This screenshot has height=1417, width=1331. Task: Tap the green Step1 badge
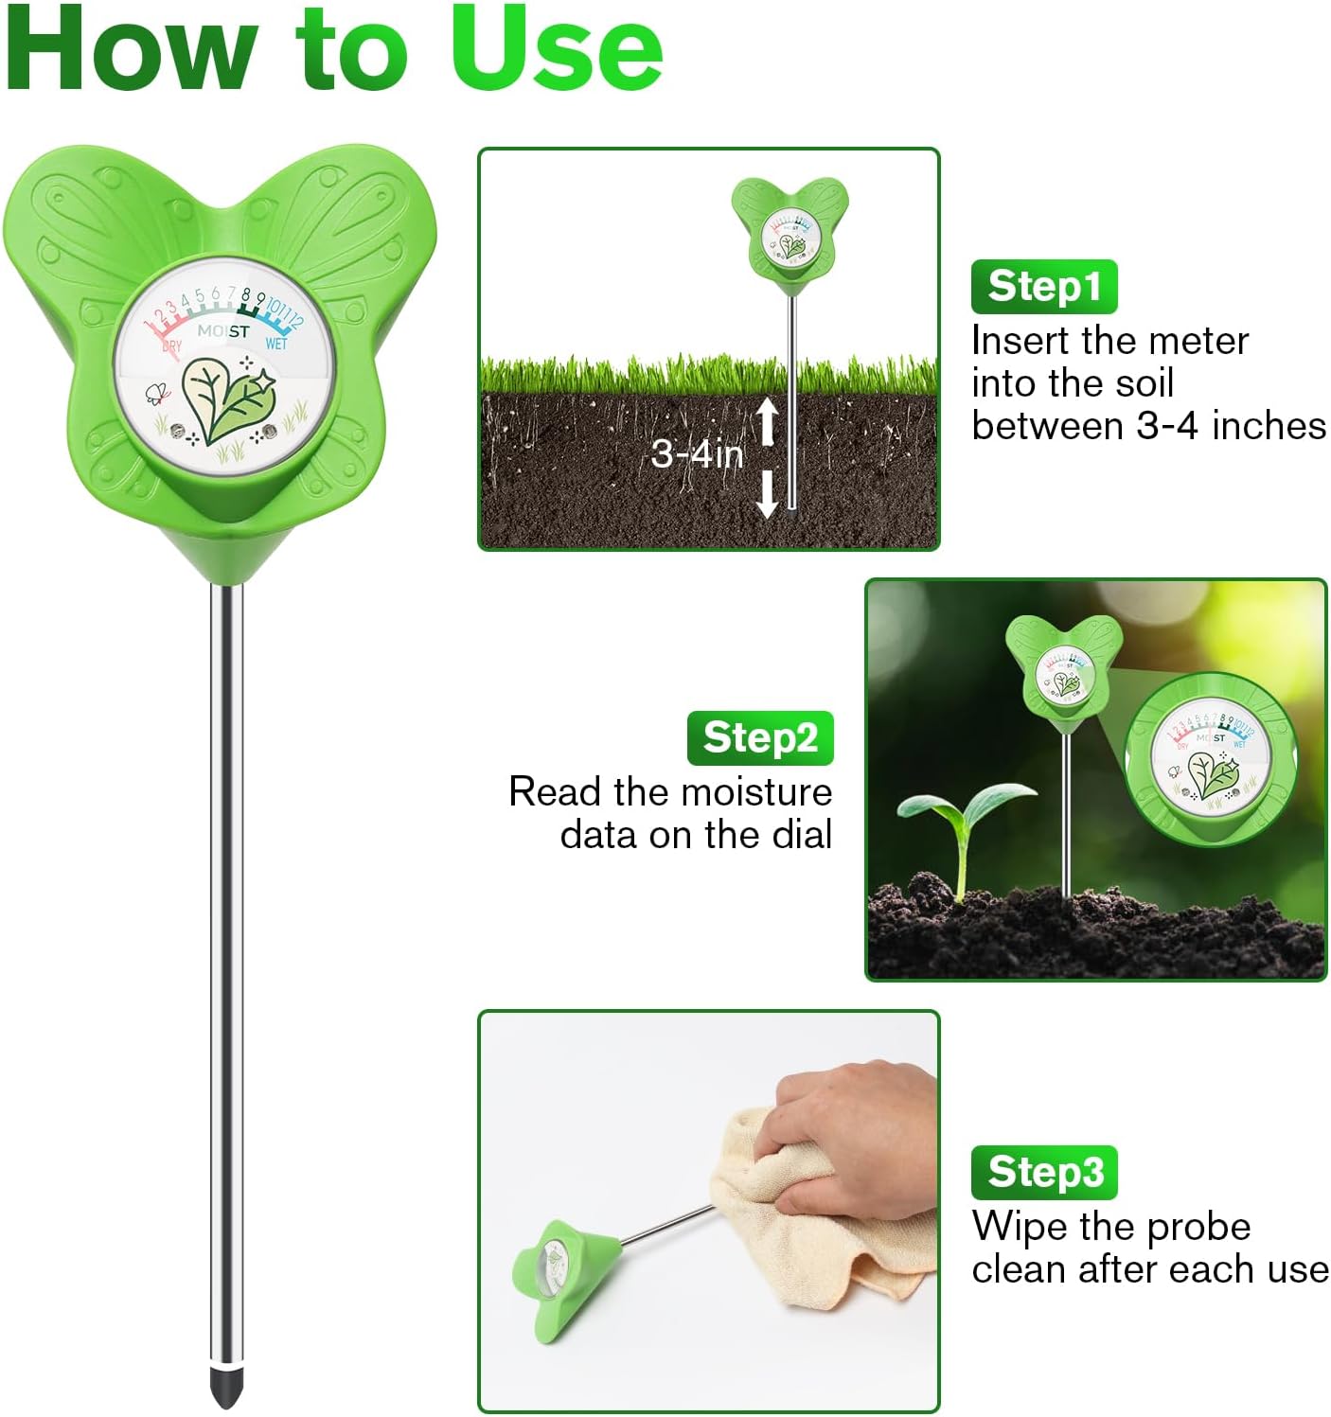[1044, 286]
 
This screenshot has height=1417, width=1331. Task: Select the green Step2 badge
[760, 737]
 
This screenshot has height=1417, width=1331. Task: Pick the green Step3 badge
[1044, 1172]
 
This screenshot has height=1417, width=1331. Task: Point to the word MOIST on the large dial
[223, 331]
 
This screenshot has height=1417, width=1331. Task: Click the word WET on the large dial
[276, 344]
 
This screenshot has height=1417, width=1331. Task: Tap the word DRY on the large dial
[171, 345]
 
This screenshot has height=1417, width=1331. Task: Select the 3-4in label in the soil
[697, 454]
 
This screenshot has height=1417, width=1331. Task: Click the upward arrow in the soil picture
[768, 422]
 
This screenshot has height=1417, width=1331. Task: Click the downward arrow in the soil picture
[768, 494]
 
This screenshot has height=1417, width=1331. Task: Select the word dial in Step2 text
[800, 835]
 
